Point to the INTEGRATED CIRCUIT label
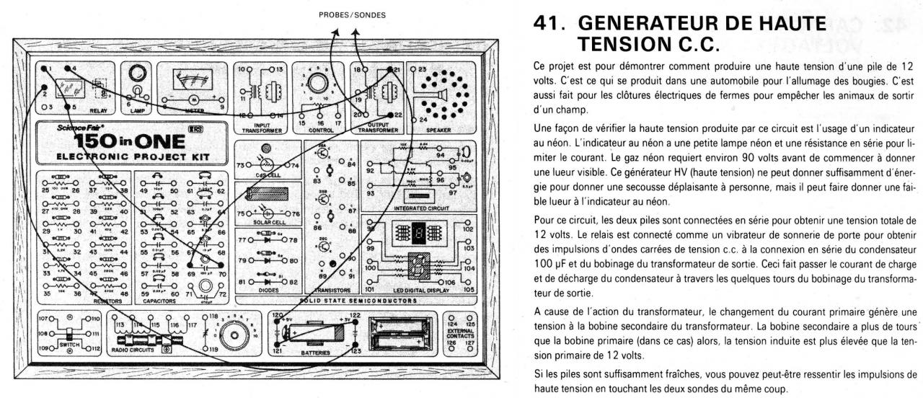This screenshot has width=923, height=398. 415,208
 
